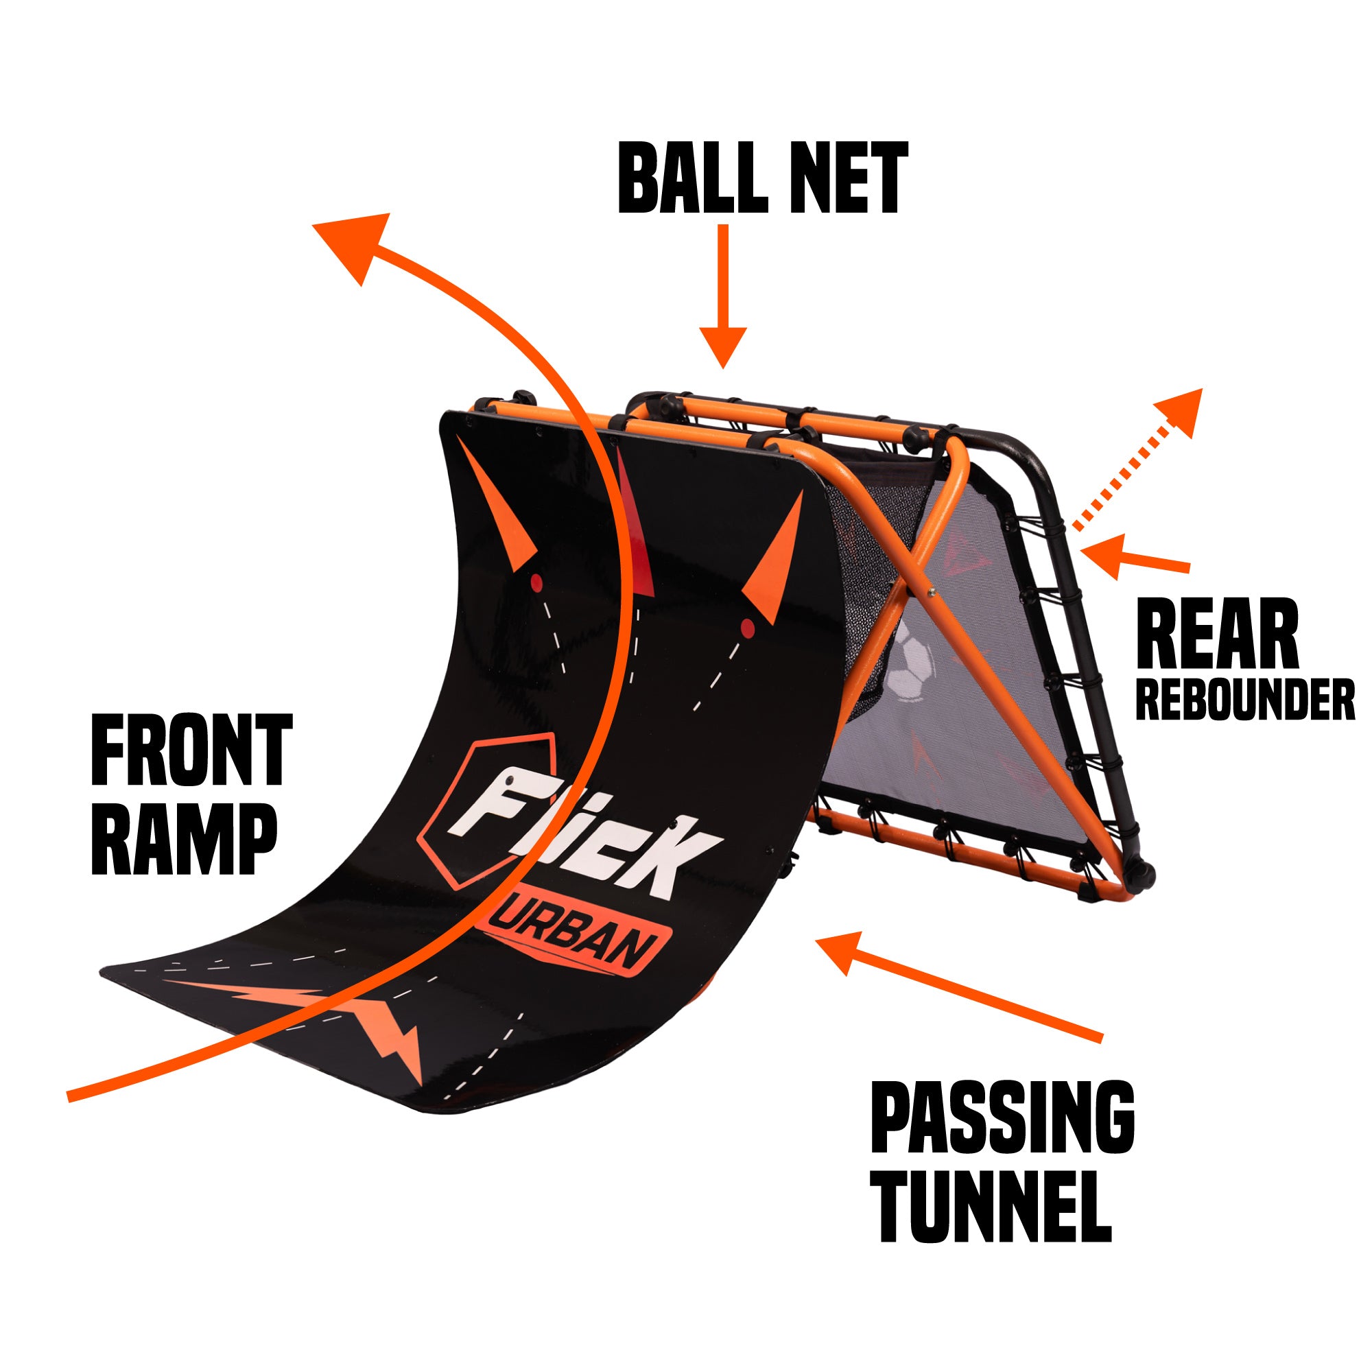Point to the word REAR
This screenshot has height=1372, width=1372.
(x=1217, y=634)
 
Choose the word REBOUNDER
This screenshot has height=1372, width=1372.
(x=1245, y=700)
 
